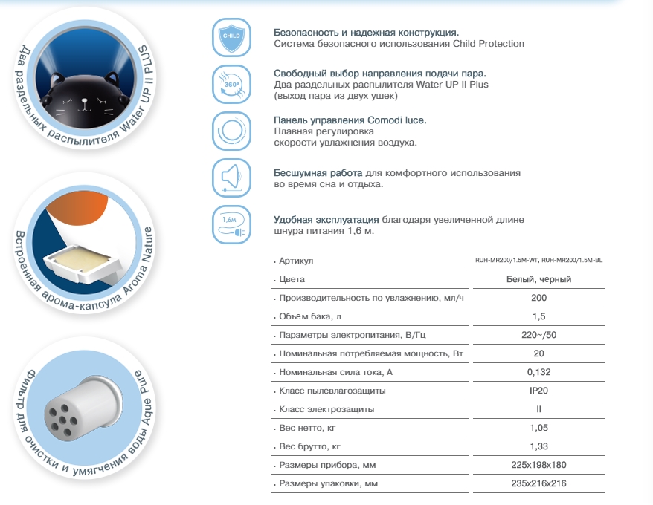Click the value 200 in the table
coord(538,298)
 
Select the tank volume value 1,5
coord(538,316)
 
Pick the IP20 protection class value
coord(538,391)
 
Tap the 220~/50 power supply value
coord(538,335)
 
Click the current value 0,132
coord(538,372)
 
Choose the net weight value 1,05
coord(538,429)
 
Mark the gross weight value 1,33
coord(538,447)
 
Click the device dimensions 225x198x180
coord(538,466)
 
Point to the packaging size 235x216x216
coord(538,484)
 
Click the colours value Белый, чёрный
coord(538,279)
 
